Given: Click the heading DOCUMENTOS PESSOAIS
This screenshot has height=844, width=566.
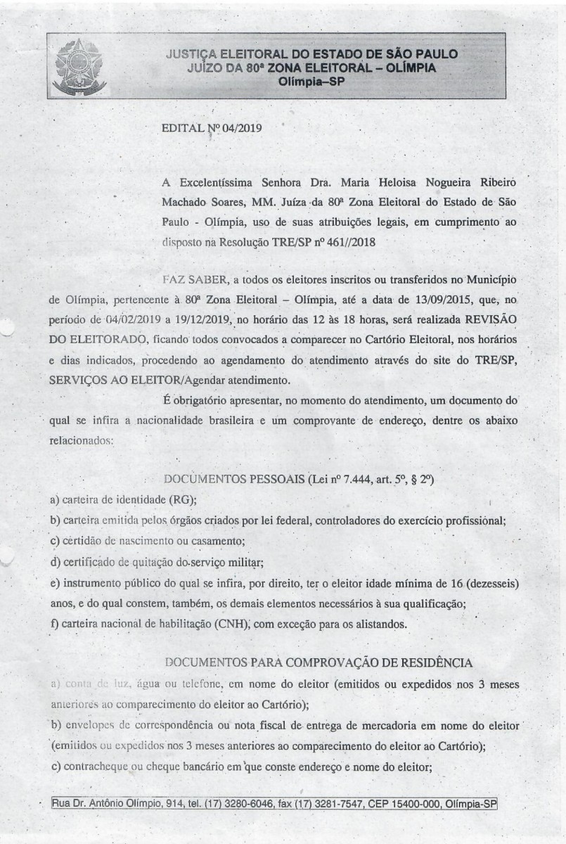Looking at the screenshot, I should coord(221,480).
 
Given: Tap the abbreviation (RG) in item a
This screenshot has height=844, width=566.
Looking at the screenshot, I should coord(182,501).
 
